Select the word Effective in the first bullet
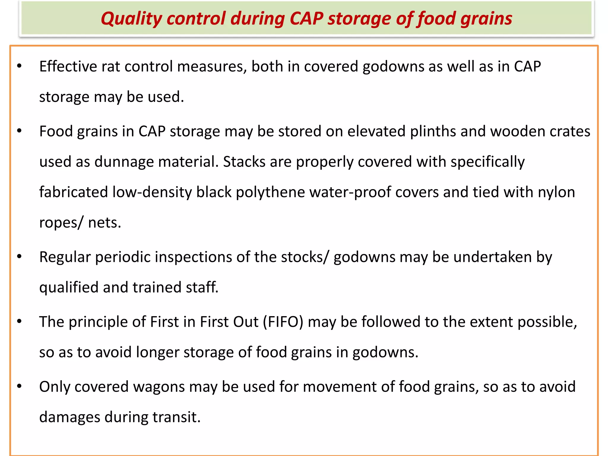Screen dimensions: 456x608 click(x=68, y=66)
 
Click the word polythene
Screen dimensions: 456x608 click(x=270, y=192)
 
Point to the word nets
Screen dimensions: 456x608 click(x=104, y=223)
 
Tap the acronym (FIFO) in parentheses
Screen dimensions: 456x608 click(x=283, y=322)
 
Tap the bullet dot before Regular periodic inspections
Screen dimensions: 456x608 click(x=20, y=256)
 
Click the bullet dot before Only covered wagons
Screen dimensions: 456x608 click(x=20, y=386)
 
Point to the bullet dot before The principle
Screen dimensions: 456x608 click(x=20, y=321)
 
